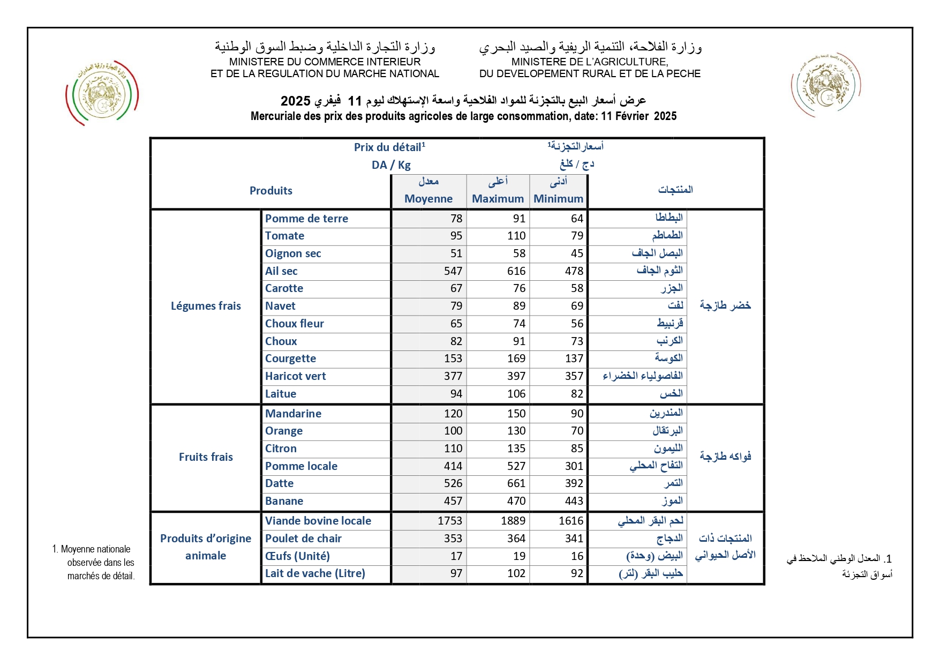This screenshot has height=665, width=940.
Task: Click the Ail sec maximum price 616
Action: pyautogui.click(x=516, y=271)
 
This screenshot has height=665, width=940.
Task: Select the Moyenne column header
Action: pyautogui.click(x=428, y=199)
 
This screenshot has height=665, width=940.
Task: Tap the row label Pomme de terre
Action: pyautogui.click(x=306, y=219)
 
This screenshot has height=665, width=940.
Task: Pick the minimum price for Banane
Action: pyautogui.click(x=574, y=501)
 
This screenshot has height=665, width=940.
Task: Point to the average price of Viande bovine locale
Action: pyautogui.click(x=449, y=521)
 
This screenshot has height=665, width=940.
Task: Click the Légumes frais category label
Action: pyautogui.click(x=206, y=306)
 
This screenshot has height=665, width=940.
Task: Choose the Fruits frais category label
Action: pyautogui.click(x=206, y=457)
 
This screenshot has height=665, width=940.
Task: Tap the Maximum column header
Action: pyautogui.click(x=498, y=199)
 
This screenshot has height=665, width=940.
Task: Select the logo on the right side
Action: pyautogui.click(x=825, y=84)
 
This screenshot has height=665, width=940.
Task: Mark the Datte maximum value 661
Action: pyautogui.click(x=516, y=483)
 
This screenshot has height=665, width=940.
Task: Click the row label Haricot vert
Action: pyautogui.click(x=295, y=376)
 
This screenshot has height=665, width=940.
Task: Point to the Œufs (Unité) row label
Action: pyautogui.click(x=297, y=556)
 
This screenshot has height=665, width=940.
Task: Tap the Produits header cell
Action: pyautogui.click(x=271, y=191)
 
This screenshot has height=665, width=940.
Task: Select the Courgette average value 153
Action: pyautogui.click(x=453, y=358)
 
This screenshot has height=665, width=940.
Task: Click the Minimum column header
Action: pyautogui.click(x=558, y=199)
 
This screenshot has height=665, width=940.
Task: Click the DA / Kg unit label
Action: pyautogui.click(x=391, y=165)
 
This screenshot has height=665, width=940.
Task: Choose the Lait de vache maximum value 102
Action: pyautogui.click(x=516, y=573)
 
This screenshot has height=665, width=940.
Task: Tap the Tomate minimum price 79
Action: pyautogui.click(x=577, y=236)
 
